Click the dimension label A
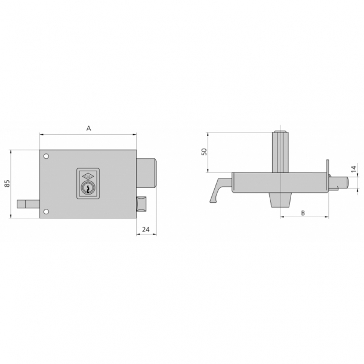pos(88,128)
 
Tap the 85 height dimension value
pos(8,184)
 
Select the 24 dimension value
pos(146,229)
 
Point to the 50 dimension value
pos(203,152)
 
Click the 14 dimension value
pos(353,169)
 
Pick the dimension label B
pos(303,212)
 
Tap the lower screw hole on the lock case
pos(46,211)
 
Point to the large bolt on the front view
pos(147,173)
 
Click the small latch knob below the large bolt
pos(142,203)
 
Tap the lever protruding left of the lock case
pos(29,205)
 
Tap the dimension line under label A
pos(88,135)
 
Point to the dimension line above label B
pos(303,218)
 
